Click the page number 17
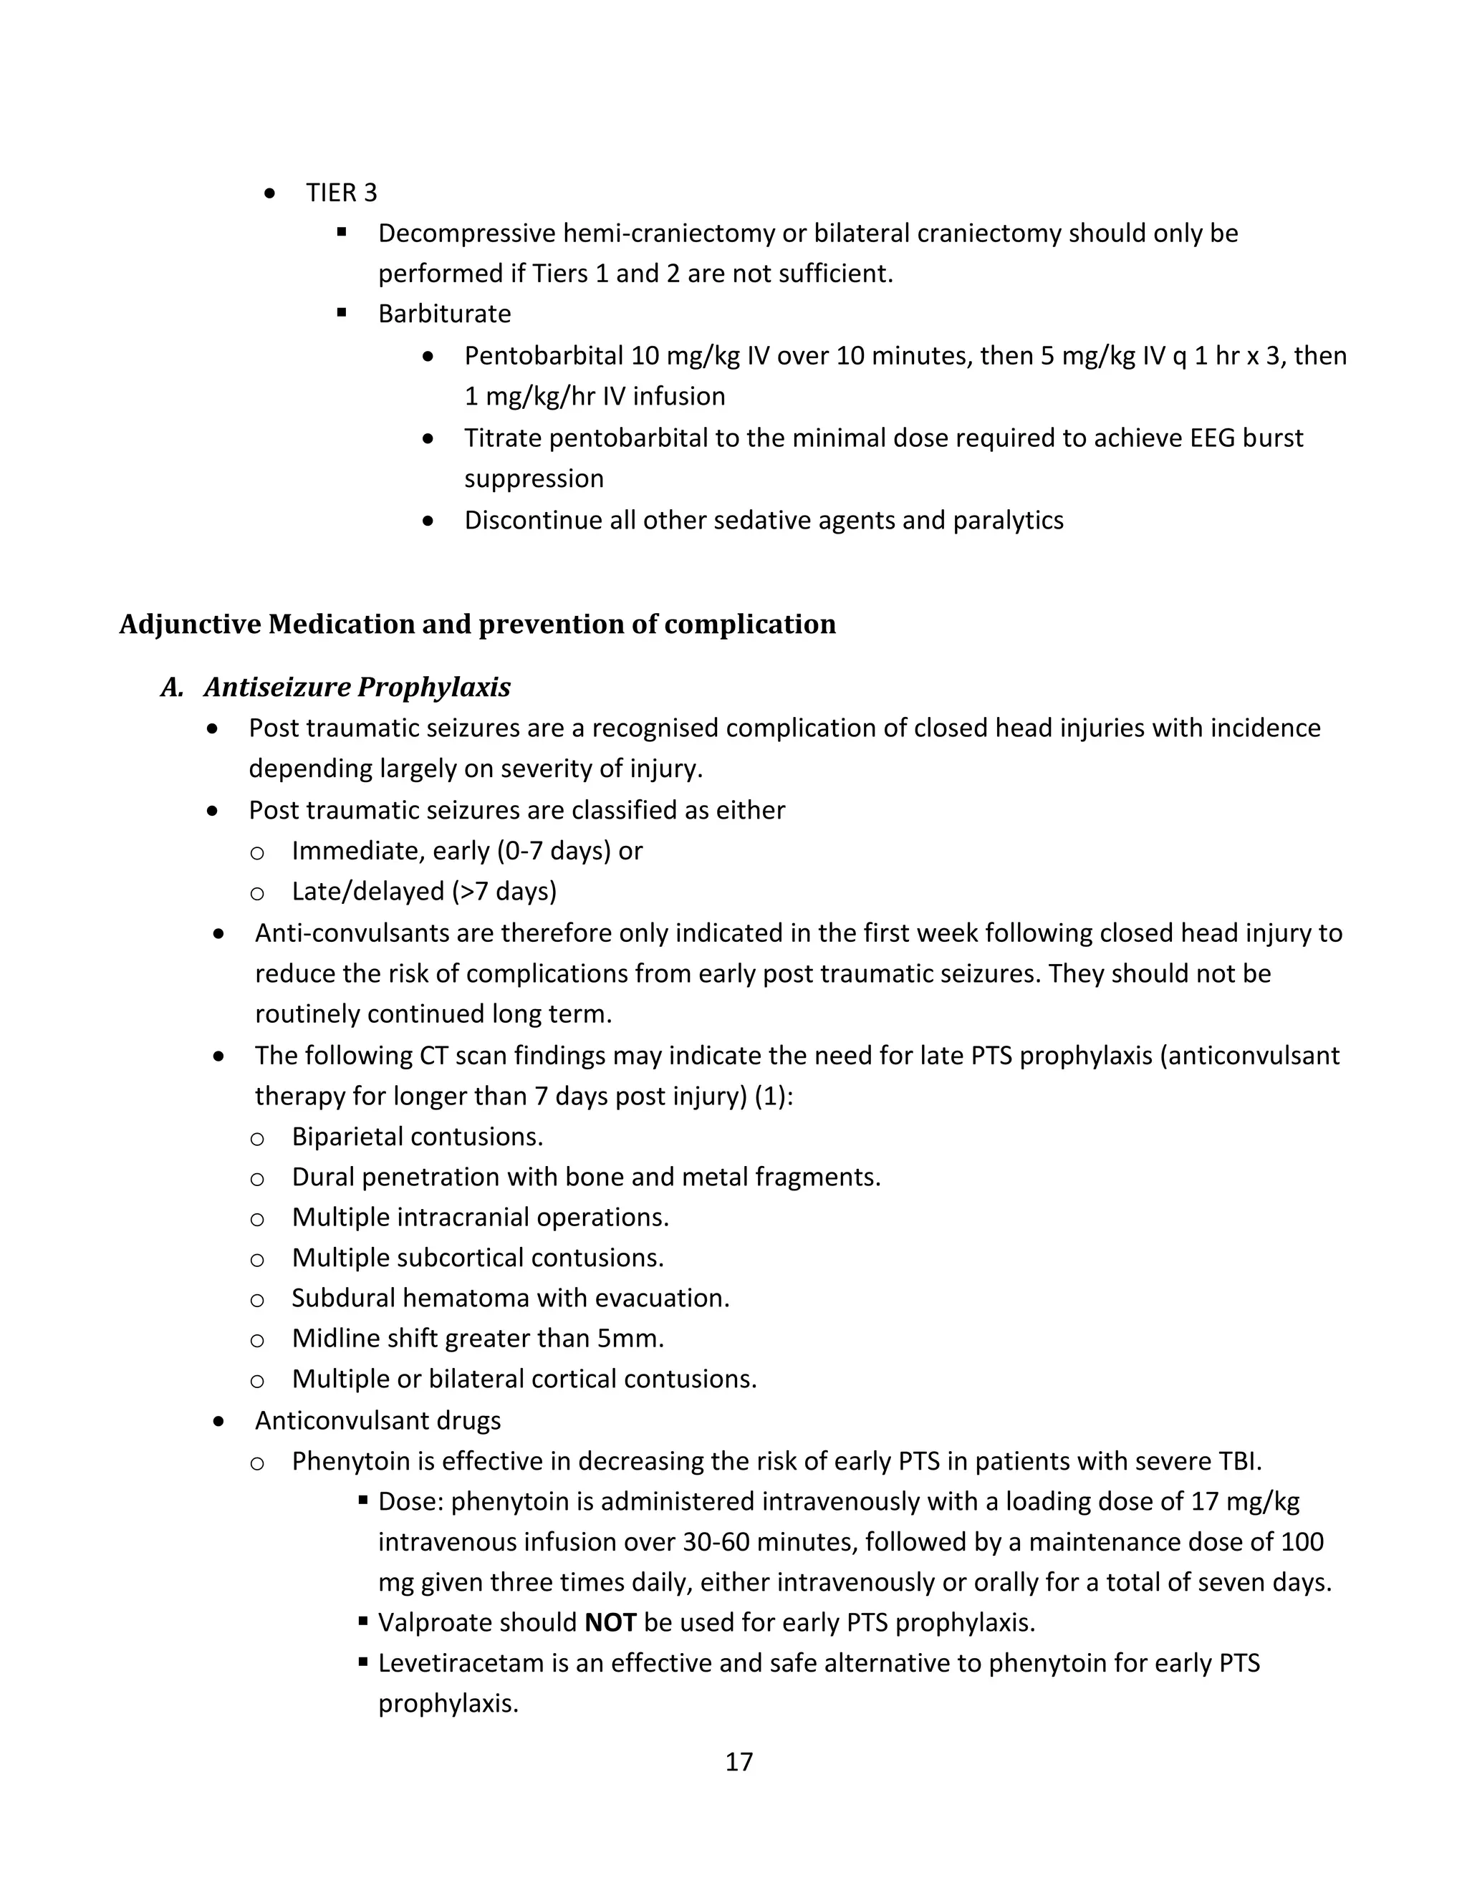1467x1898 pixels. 739,1762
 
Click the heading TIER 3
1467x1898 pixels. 341,192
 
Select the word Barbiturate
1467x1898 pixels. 444,313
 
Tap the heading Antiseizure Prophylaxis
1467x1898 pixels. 357,687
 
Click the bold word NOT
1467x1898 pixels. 610,1622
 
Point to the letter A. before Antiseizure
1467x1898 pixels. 172,688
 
